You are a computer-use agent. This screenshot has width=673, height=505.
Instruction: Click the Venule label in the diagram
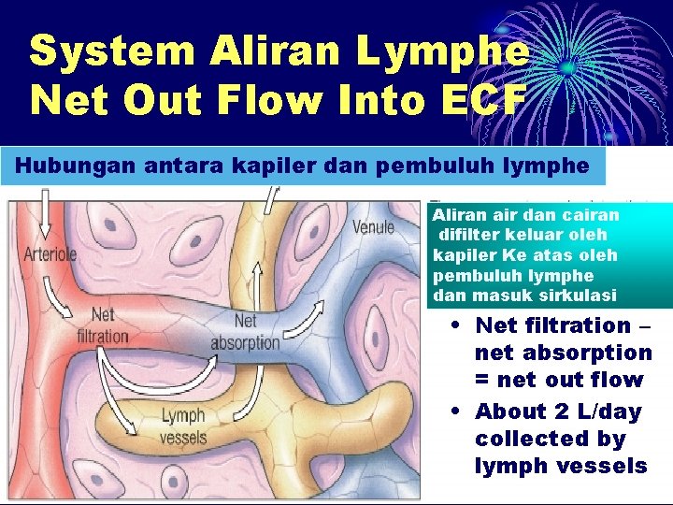point(373,226)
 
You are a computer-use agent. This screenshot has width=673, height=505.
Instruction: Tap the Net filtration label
point(103,325)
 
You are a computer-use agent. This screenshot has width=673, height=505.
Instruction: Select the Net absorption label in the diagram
point(245,332)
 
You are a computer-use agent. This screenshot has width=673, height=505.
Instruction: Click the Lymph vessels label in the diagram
point(182,426)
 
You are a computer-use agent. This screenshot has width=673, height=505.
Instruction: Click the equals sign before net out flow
point(481,381)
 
